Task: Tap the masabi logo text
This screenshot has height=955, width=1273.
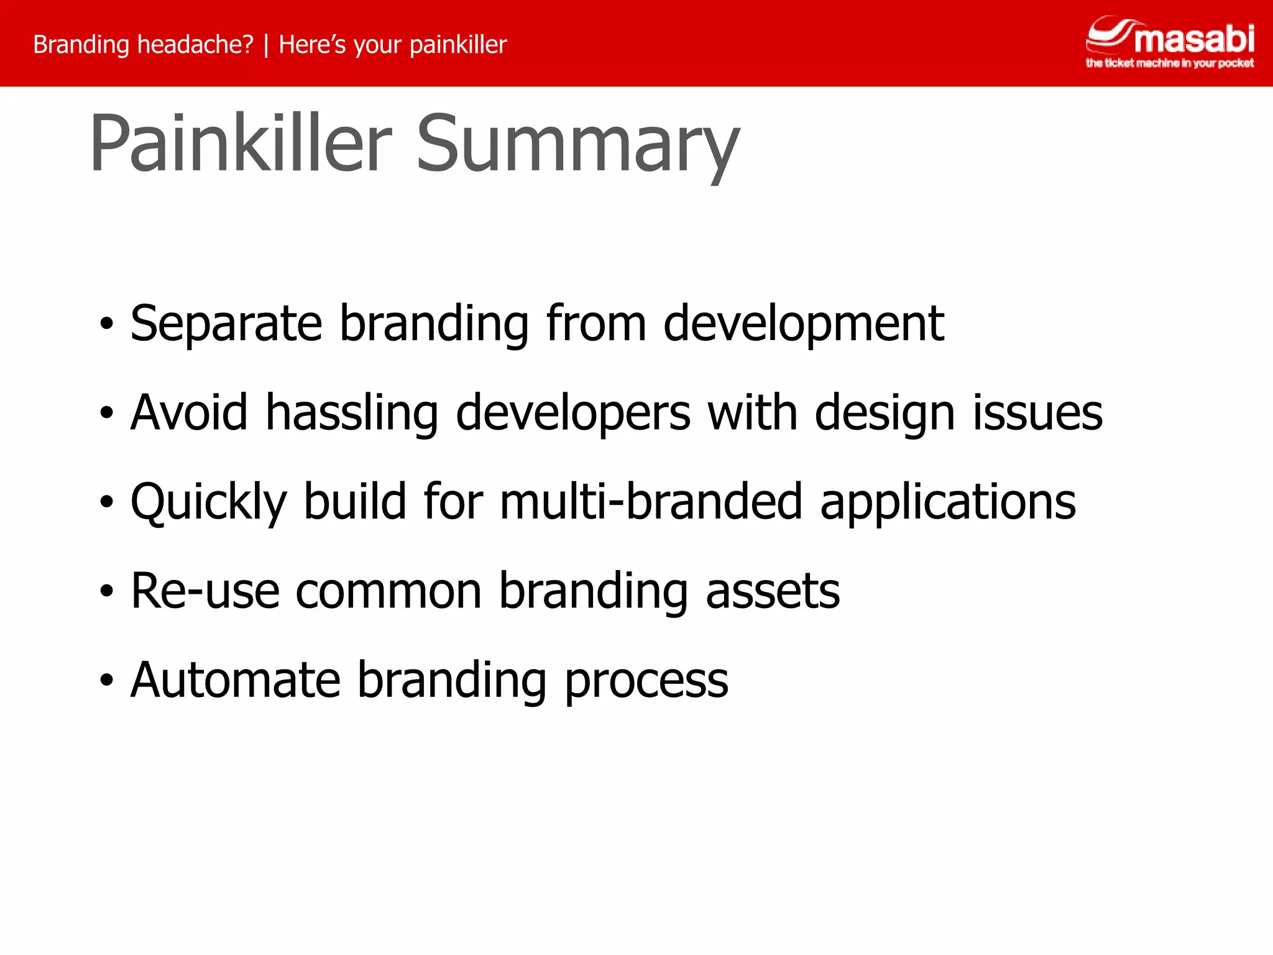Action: (x=1194, y=39)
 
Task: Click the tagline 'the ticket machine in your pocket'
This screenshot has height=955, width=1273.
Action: (x=1169, y=63)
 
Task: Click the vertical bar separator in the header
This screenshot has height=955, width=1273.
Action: (x=266, y=45)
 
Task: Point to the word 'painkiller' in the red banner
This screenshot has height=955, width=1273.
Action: (x=458, y=45)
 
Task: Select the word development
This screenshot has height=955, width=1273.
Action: (x=803, y=324)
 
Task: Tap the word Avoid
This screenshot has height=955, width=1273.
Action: (x=190, y=413)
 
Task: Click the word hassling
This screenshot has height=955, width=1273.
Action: (x=352, y=413)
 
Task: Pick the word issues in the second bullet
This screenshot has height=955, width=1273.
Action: (x=1037, y=413)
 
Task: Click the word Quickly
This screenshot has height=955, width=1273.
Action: (x=209, y=502)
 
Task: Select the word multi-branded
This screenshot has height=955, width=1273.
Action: (x=651, y=502)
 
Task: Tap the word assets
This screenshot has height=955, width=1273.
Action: (x=773, y=591)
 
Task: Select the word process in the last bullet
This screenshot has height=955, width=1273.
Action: (x=646, y=680)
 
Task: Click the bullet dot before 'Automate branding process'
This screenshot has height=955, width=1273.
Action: (x=107, y=680)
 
